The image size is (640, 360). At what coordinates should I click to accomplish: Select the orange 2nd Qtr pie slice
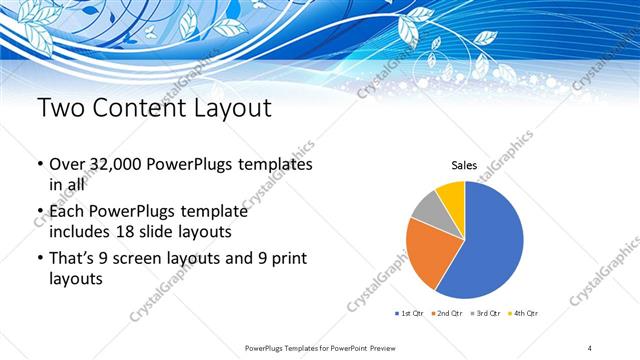coord(428,250)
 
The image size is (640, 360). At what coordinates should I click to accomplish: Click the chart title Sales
coord(464,165)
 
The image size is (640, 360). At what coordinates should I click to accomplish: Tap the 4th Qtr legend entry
coord(525,313)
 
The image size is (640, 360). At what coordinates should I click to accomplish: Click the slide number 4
coord(591,347)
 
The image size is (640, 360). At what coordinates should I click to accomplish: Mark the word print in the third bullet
coord(287,259)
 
